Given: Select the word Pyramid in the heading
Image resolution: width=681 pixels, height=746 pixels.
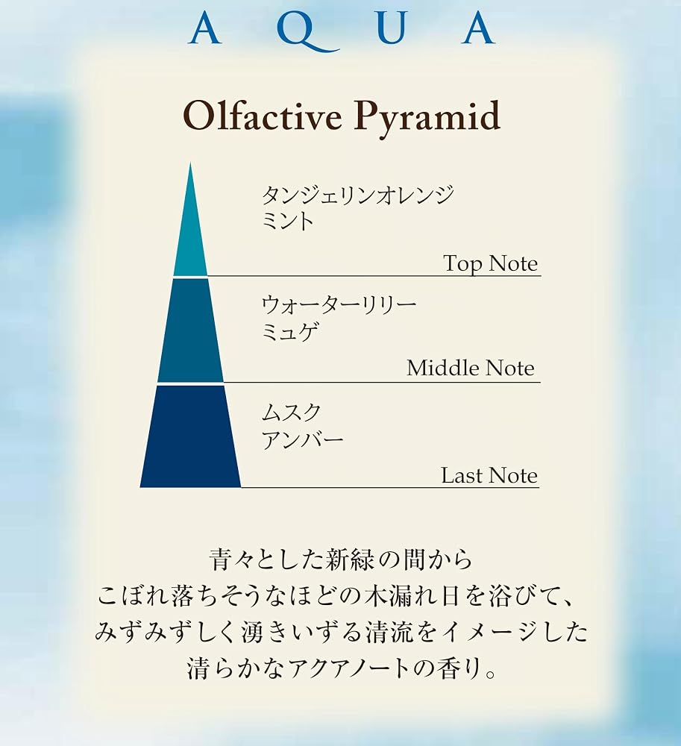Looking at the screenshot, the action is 427,118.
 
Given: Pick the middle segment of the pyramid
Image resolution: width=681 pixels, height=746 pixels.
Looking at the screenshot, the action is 190,330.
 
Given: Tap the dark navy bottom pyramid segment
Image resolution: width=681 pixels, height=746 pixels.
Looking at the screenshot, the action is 190,436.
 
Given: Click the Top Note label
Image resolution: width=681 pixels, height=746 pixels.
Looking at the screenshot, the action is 490,264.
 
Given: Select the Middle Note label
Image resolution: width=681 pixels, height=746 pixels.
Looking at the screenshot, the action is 471,369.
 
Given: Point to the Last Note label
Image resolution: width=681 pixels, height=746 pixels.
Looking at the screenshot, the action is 489,475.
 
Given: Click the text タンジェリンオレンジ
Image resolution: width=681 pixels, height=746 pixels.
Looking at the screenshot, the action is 357,195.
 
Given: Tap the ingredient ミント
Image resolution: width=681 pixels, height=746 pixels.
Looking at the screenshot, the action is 288,222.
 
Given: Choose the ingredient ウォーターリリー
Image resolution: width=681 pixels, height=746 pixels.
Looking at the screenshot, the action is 339,304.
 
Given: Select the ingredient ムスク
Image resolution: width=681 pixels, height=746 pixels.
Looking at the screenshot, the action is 292,413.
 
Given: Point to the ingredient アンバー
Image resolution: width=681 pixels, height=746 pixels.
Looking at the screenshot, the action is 302,439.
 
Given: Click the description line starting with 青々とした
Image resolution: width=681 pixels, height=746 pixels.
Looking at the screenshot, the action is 340,559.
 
